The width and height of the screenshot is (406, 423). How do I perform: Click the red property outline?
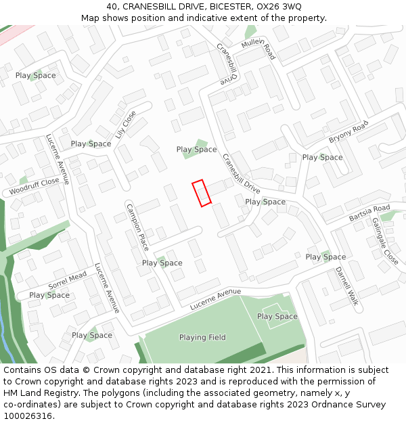coord(202,193)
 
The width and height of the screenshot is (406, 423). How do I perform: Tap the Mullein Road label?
coord(258,49)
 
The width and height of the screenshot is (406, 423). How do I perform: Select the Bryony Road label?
coord(348,131)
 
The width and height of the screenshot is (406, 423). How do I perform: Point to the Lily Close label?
coord(125,125)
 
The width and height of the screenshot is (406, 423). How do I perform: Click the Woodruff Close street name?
coord(35,187)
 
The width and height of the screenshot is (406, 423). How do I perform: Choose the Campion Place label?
coord(137,227)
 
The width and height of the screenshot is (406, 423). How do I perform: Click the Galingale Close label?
coord(384,241)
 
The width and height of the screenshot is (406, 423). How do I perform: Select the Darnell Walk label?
coord(346,286)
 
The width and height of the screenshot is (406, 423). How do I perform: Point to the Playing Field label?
coord(202,337)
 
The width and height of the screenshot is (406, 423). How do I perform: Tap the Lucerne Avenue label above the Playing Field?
coord(215,299)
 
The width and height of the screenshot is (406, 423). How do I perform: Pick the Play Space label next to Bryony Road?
coord(322,157)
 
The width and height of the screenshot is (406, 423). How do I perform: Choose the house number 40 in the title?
coord(112,6)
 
